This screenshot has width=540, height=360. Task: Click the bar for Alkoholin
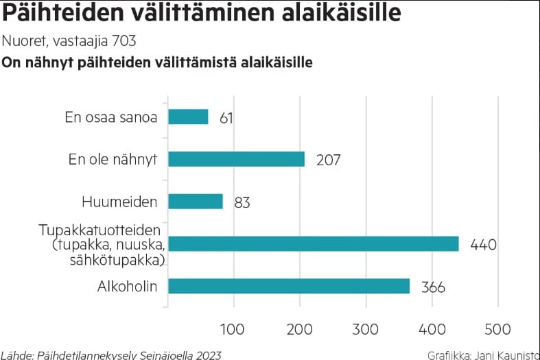coord(289,286)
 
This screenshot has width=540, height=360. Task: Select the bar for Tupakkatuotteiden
coord(314,243)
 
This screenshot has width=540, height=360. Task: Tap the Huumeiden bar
coord(196,202)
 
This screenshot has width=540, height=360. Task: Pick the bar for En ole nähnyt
coord(237,159)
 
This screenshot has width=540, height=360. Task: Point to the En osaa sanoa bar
coord(188,117)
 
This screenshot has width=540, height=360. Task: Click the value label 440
coord(483,244)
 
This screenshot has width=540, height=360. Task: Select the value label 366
coord(432,287)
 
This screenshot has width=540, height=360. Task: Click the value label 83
coord(242,202)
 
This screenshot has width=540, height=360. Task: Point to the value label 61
coord(226,118)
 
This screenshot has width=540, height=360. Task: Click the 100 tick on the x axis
coord(234,328)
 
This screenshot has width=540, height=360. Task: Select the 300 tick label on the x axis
coord(366,328)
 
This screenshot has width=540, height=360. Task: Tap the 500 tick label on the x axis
coord(497,328)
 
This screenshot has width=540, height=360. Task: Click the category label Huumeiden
coord(119,202)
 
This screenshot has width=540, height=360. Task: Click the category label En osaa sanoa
coord(111,117)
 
